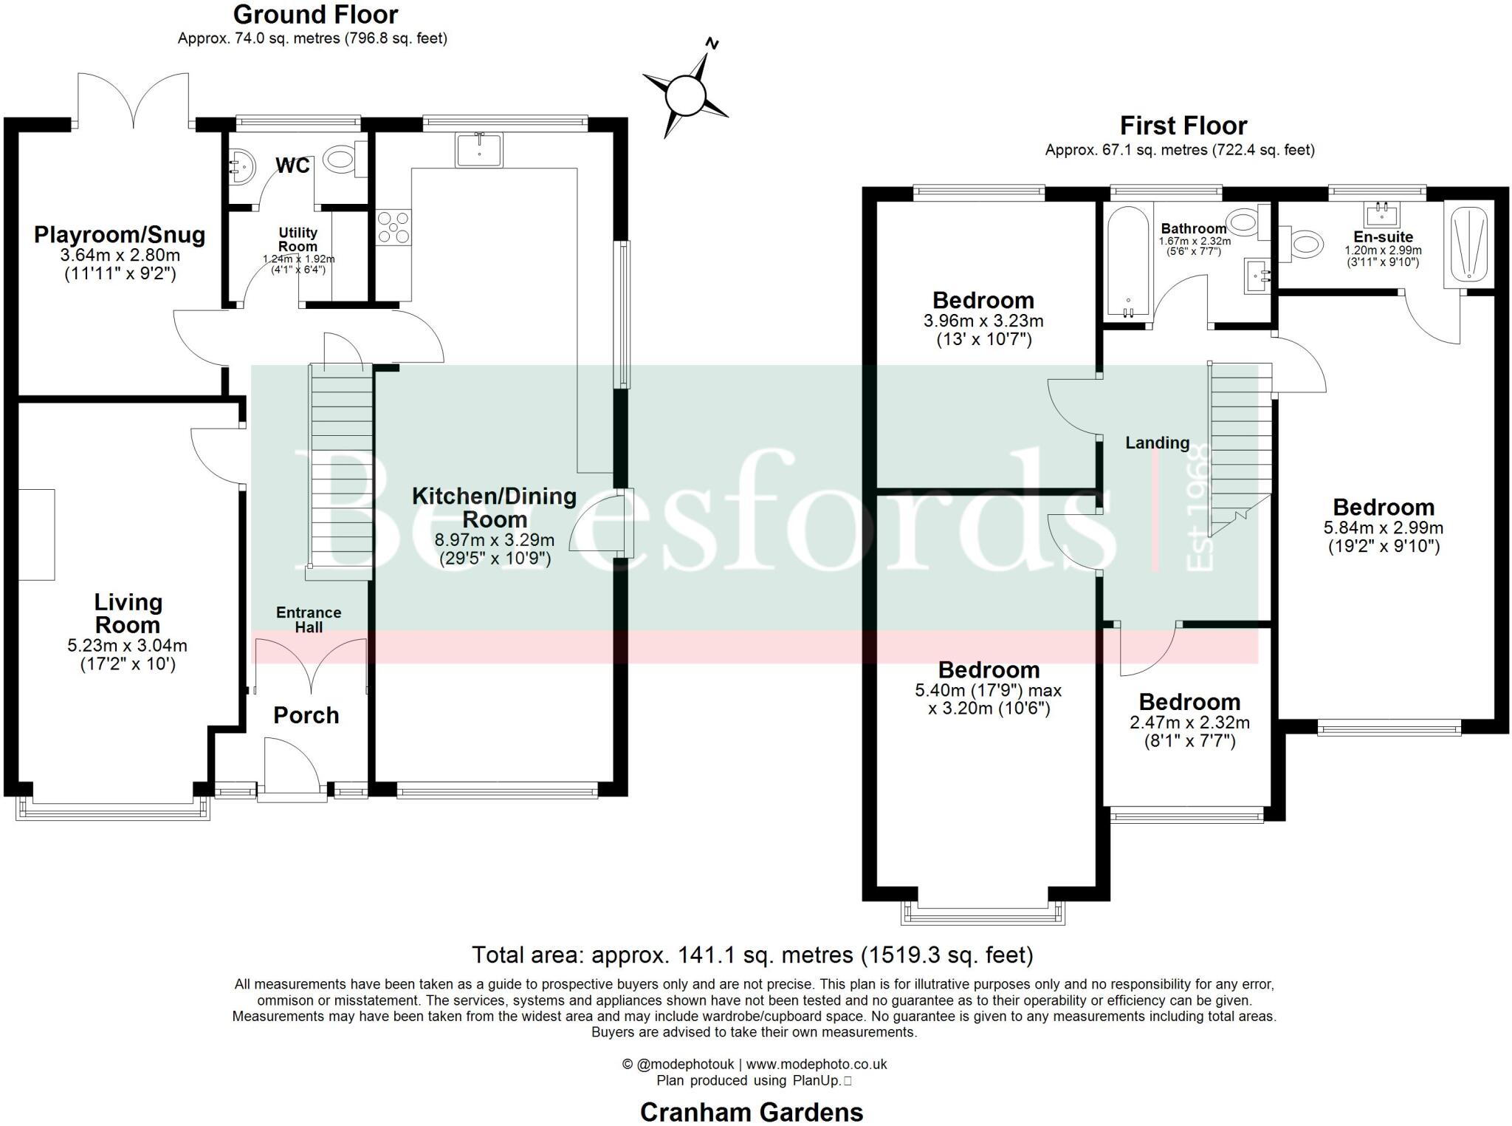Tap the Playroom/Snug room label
(120, 235)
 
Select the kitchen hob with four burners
(394, 227)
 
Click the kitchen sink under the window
(479, 150)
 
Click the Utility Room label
(298, 239)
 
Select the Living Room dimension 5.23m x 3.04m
(127, 645)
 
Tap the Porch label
(306, 715)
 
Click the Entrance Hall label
(309, 620)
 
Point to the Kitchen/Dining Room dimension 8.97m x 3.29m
(495, 540)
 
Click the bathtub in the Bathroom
(1126, 262)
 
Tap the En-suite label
(1383, 237)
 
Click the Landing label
(1157, 443)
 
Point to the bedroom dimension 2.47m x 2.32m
(1189, 723)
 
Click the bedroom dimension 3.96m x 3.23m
(983, 321)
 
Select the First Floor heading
(1183, 126)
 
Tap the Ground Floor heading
(315, 14)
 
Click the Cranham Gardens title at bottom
(751, 1112)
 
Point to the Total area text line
(752, 955)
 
